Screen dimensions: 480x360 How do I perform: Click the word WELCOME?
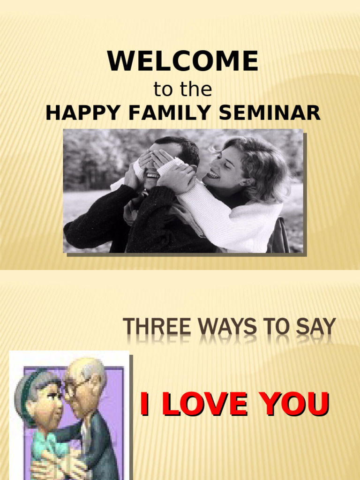point(183,61)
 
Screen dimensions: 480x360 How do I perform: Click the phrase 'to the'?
point(183,90)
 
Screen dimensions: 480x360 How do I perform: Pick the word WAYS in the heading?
point(225,327)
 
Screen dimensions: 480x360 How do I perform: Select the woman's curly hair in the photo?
point(262,159)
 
